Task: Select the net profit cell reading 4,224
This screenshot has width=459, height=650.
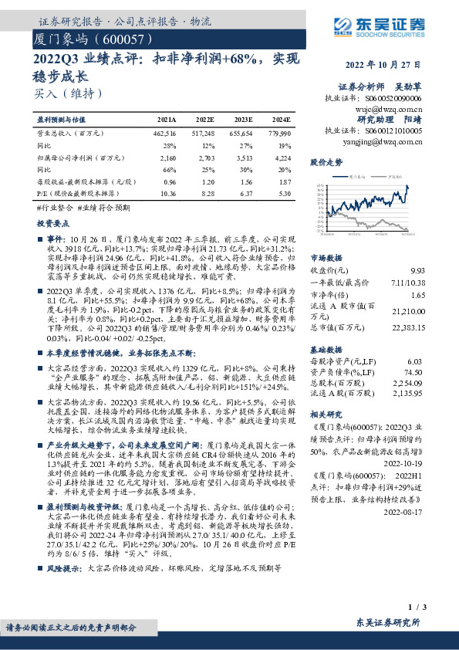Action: pos(282,157)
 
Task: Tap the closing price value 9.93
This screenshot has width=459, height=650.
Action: pos(417,270)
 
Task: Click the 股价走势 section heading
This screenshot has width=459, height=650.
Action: pos(326,164)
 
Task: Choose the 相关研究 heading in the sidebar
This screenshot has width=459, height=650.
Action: pos(326,414)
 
